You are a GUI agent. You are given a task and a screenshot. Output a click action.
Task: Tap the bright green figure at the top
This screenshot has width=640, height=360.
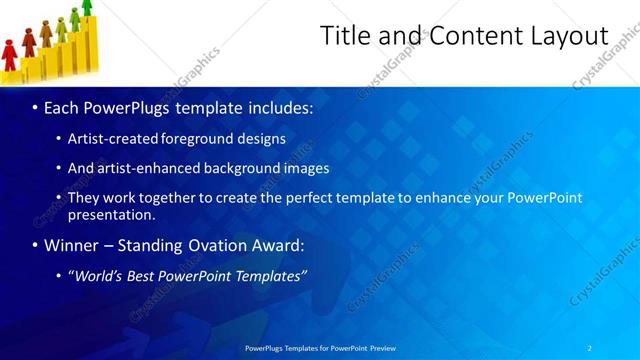click(x=87, y=7)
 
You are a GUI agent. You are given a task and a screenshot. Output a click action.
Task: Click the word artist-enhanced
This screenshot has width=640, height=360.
click(x=149, y=168)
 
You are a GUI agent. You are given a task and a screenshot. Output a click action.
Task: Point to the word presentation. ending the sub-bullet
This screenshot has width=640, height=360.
click(x=111, y=214)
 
